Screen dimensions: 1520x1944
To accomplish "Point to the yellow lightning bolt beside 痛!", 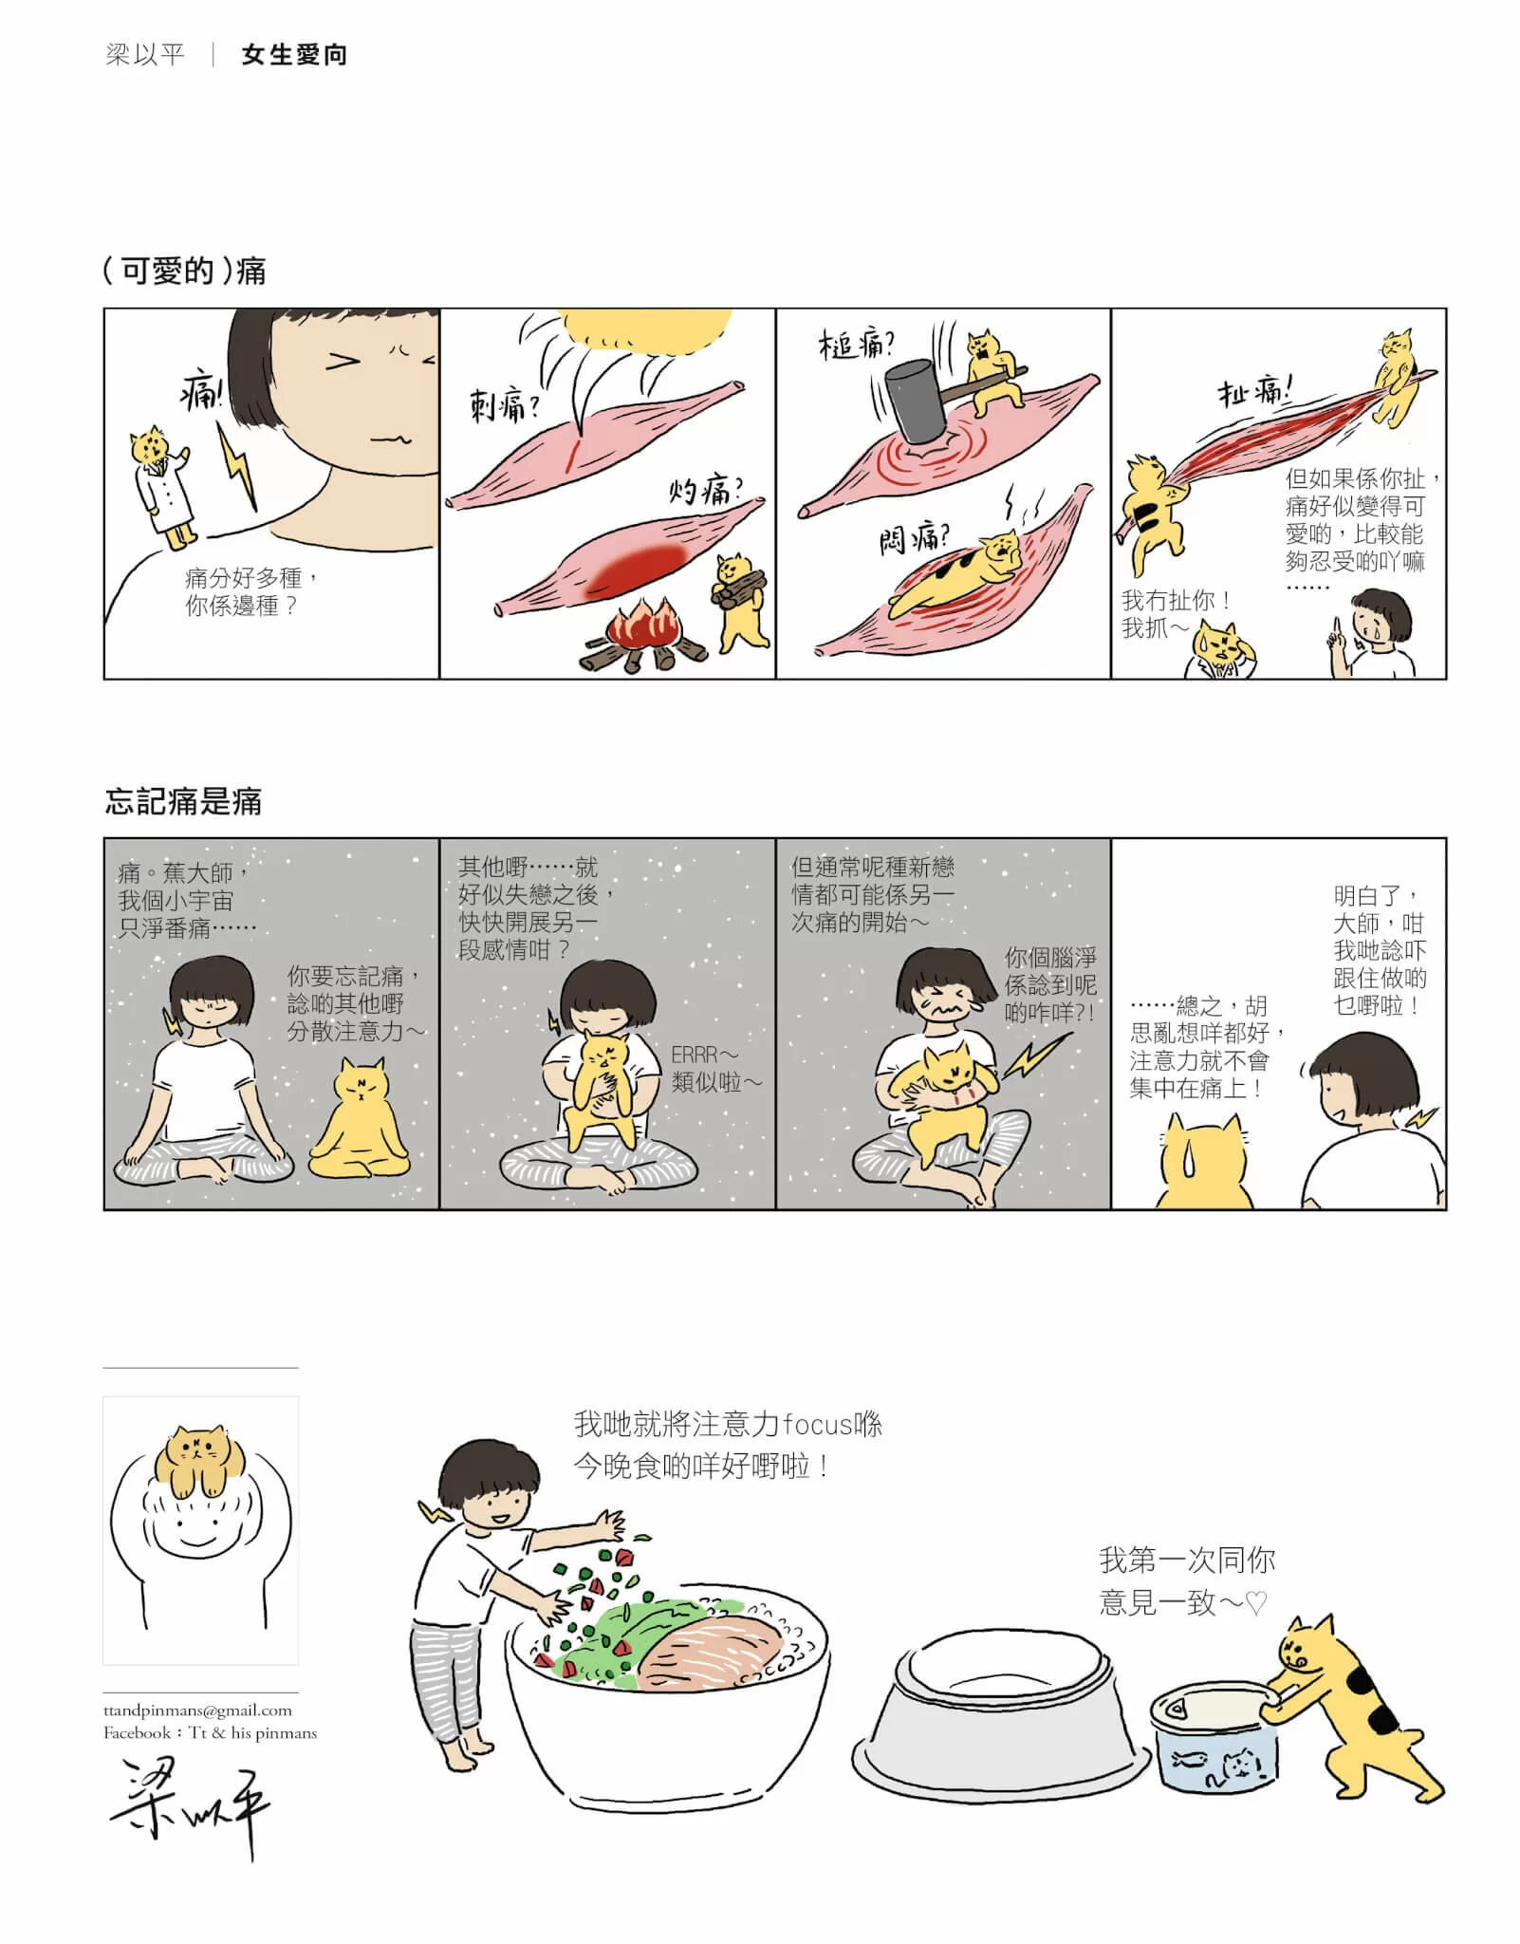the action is point(238,465).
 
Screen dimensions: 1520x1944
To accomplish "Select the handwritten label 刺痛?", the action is point(506,406).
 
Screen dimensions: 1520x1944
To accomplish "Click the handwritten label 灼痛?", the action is point(706,491).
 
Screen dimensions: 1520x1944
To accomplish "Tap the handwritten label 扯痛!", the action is point(1254,391).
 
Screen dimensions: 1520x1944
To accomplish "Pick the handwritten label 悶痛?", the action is point(914,539).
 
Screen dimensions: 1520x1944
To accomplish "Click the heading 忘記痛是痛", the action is point(183,801).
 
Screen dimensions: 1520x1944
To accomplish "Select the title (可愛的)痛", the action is point(184,271).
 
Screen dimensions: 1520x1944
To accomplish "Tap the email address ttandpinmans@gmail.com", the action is point(197,1710).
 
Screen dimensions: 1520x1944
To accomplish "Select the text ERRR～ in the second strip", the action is point(704,1055).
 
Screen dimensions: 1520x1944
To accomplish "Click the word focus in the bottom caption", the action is point(819,1424).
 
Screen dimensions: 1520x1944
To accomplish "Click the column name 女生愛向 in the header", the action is point(294,55).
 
